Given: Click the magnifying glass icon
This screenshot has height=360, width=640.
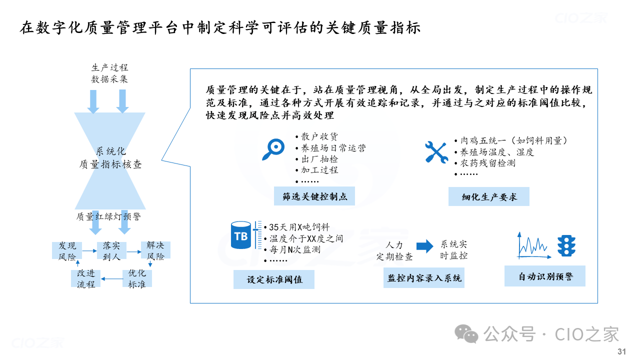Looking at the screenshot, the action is pos(273,149).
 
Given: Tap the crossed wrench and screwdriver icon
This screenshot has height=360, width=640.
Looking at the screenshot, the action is pos(436,152).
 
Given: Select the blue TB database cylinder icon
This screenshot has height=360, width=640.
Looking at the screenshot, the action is pos(241,235).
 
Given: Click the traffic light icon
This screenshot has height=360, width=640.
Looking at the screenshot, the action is pos(566,245).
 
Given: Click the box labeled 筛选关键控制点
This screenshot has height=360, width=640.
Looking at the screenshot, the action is pos(314,196).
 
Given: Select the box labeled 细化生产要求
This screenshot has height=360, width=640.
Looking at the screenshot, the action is pos(489,196).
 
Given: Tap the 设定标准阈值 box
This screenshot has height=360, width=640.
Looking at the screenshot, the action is pos(274,279).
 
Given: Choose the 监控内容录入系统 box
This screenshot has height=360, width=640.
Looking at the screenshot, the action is pos(423,277).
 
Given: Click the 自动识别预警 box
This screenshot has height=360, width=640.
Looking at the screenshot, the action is pos(545,276).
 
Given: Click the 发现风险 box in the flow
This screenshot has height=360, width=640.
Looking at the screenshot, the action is pos(67,250).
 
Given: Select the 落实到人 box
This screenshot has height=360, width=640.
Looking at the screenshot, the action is pos(111,250).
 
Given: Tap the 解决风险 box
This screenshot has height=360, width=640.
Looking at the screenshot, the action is pos(155,250).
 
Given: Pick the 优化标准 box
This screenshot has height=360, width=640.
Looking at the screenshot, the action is pos(137,278).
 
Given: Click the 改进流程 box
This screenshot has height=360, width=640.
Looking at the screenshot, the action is pos(85,278).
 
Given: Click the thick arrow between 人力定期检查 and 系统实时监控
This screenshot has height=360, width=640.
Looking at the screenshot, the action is pos(425,246).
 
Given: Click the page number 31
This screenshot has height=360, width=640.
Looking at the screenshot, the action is pos(621,351).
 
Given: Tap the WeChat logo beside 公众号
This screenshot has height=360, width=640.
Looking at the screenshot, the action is pos(466,333).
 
